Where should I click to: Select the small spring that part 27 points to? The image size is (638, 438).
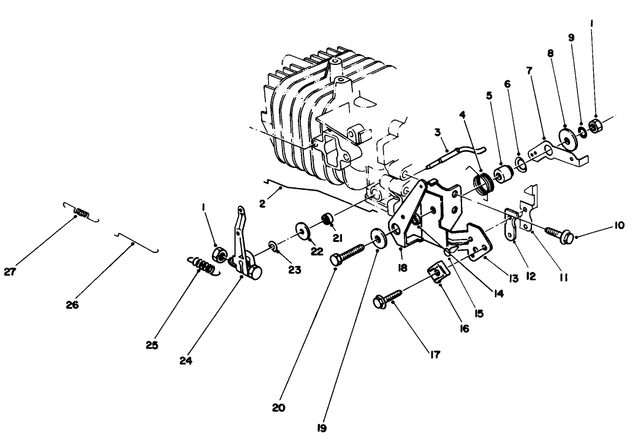click(x=80, y=212)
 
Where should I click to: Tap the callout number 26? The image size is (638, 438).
click(x=72, y=304)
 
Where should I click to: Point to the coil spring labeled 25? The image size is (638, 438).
click(x=202, y=266)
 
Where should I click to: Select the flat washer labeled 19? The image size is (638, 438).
click(x=378, y=238)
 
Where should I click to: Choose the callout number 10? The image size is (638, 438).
click(x=618, y=225)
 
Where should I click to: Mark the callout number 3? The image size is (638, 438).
click(x=438, y=132)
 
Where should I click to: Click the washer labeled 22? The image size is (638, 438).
click(x=302, y=230)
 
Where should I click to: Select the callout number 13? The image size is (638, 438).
click(x=513, y=278)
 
